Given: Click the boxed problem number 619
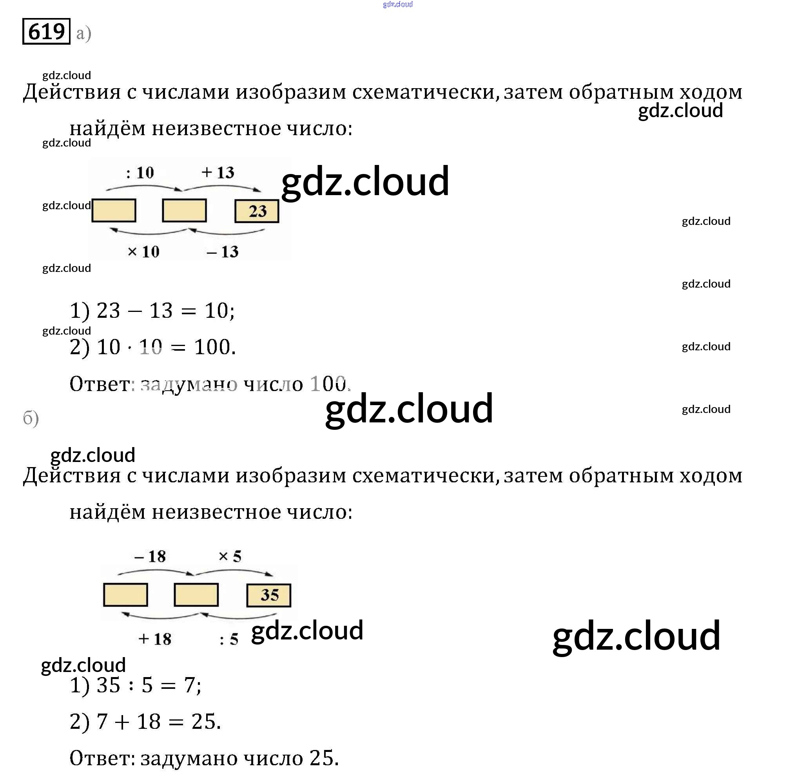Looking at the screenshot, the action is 46,31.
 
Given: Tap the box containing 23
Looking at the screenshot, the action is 257,211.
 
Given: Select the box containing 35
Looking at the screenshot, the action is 268,595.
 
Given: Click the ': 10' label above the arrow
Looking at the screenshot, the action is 140,173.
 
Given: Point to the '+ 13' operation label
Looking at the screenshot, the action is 218,172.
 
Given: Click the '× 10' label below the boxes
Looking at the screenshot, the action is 143,252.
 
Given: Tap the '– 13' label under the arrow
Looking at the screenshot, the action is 223,252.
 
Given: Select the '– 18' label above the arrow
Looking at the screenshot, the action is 150,556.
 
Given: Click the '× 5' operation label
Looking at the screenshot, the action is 230,556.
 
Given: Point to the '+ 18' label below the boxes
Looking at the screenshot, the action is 155,639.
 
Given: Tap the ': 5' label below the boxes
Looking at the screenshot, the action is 228,639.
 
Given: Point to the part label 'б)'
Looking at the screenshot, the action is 31,418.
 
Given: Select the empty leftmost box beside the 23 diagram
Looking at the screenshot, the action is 114,210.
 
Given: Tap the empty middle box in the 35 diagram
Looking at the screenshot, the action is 196,594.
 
